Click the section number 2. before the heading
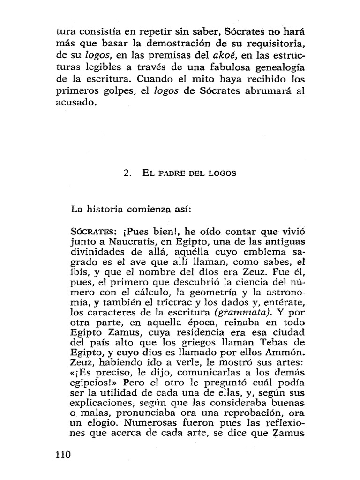point(127,172)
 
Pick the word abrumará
point(266,92)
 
